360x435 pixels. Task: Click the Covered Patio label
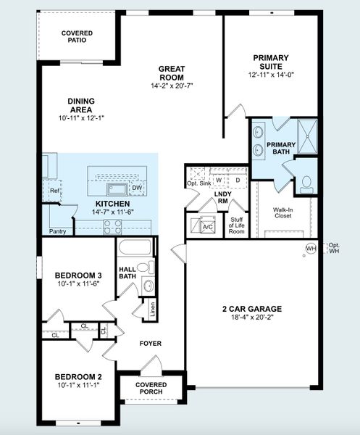pos(76,36)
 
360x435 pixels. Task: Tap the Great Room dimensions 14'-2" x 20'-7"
pos(172,86)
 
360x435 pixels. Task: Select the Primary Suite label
pos(271,62)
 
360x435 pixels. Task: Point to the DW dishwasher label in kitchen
pos(137,188)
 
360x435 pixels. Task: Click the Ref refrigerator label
pos(55,191)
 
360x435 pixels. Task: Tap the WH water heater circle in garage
pos(311,248)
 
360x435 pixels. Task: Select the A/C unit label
pos(208,227)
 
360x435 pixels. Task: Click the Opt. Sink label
pos(198,183)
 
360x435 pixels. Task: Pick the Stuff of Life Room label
pos(237,225)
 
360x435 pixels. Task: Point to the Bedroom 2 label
pos(78,377)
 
